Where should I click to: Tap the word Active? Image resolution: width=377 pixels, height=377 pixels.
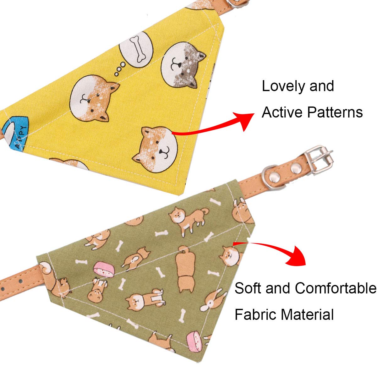(x=282, y=112)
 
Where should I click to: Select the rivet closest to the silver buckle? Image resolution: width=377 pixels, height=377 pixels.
(x=295, y=170)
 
